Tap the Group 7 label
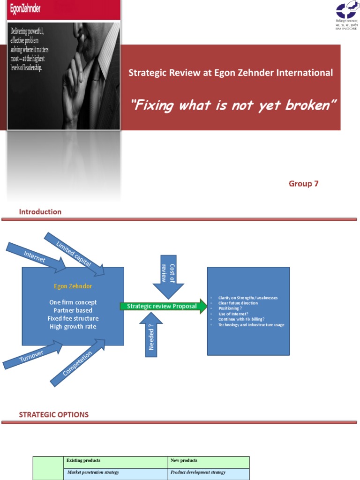click(x=303, y=183)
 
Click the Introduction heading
click(x=40, y=212)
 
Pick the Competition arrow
click(x=78, y=362)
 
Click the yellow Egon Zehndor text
click(x=73, y=286)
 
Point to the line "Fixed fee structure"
click(x=73, y=318)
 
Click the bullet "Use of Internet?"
click(x=233, y=314)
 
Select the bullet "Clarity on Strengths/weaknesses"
click(x=247, y=298)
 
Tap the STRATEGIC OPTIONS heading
click(x=53, y=414)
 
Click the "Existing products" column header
click(x=83, y=460)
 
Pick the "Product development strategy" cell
click(x=198, y=472)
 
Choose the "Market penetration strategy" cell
click(x=93, y=472)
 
